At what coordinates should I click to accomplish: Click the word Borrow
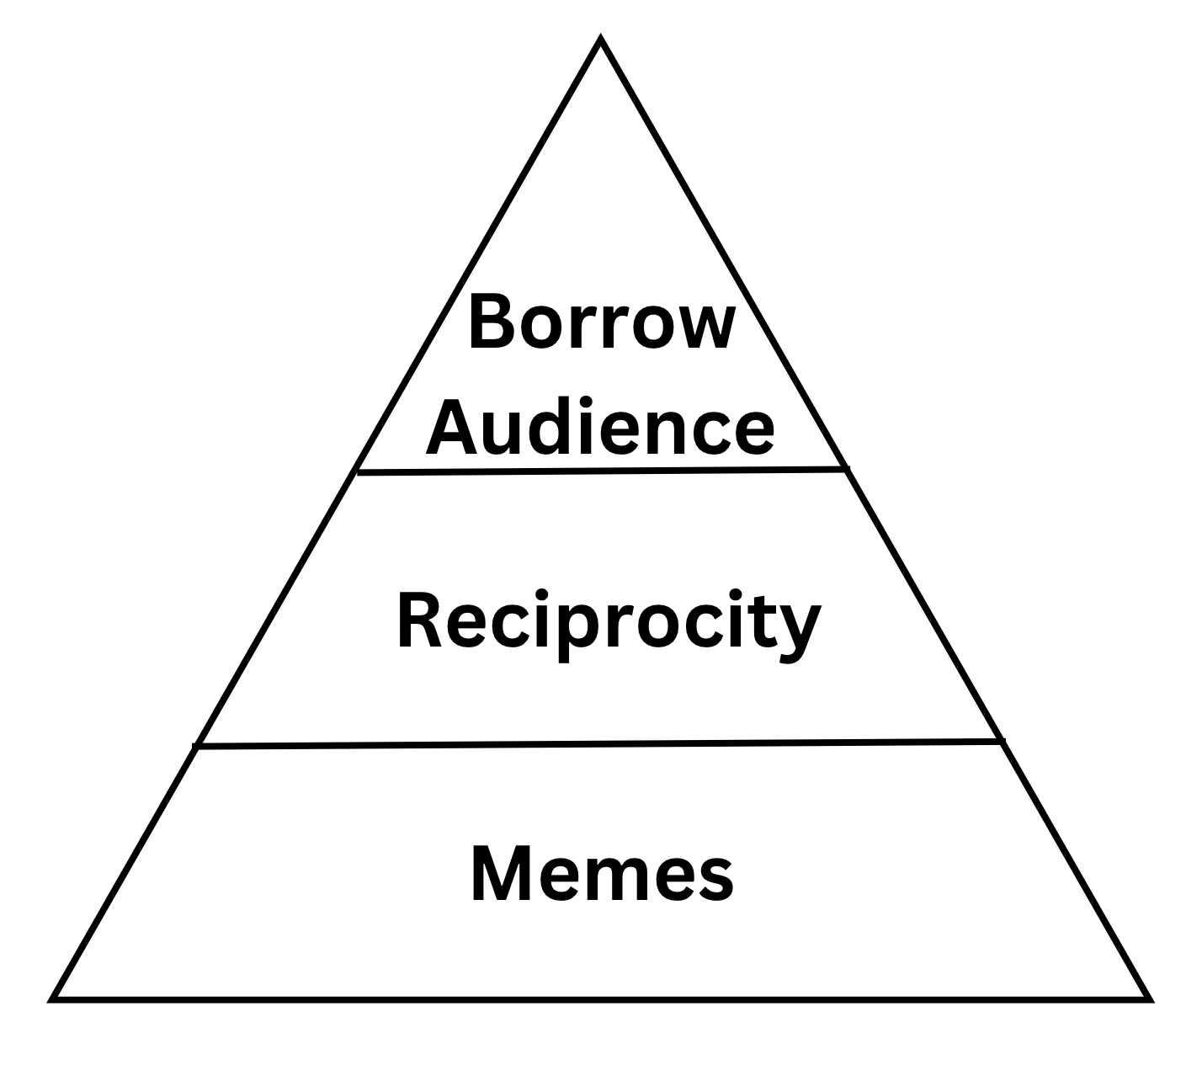click(601, 322)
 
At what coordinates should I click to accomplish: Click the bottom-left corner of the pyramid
click(53, 999)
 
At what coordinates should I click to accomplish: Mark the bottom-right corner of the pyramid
click(1149, 999)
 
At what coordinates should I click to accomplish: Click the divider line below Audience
click(601, 471)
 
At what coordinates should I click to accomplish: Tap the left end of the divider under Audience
click(359, 472)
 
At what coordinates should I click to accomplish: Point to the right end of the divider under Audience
click(845, 468)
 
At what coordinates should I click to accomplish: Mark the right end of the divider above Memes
click(1002, 741)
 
